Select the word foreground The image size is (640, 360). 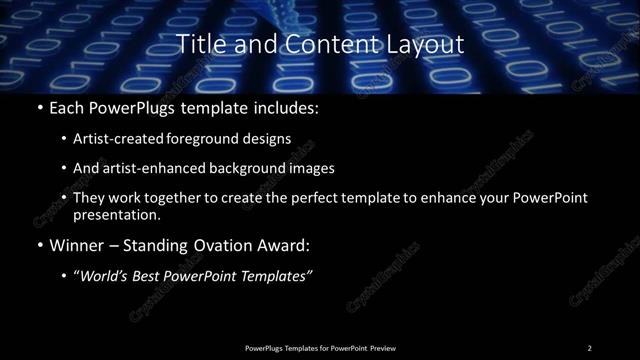(x=204, y=137)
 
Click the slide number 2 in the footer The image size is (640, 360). (x=590, y=347)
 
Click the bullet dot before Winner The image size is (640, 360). (x=38, y=245)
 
